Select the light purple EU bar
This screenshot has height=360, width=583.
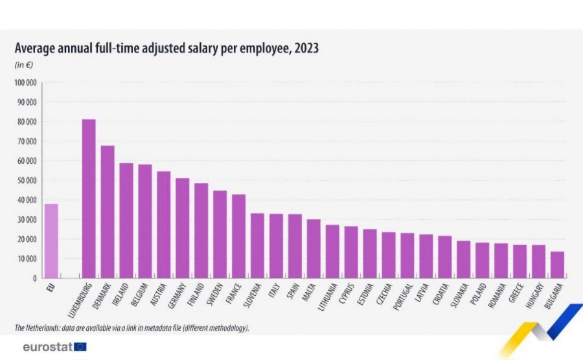(51, 241)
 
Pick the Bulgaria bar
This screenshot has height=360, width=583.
(557, 265)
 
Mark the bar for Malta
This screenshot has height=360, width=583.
(314, 249)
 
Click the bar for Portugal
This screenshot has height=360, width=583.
(407, 256)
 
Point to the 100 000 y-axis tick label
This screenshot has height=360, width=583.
(26, 83)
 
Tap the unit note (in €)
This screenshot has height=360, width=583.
(24, 65)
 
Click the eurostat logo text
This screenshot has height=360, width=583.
(47, 347)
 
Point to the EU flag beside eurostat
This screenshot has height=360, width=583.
(80, 347)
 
